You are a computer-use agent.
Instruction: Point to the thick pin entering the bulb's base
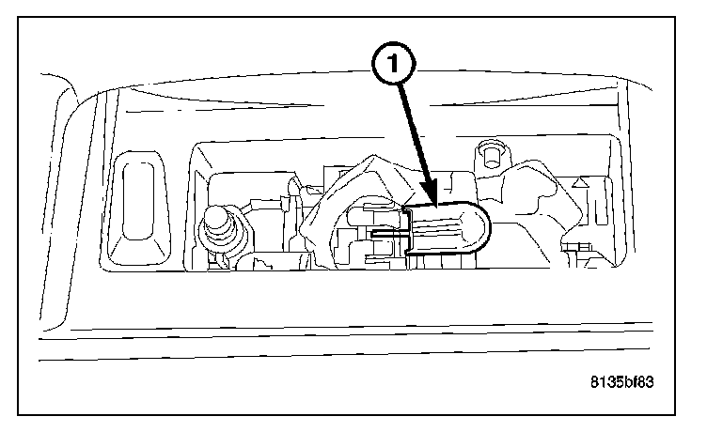pyautogui.click(x=385, y=231)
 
